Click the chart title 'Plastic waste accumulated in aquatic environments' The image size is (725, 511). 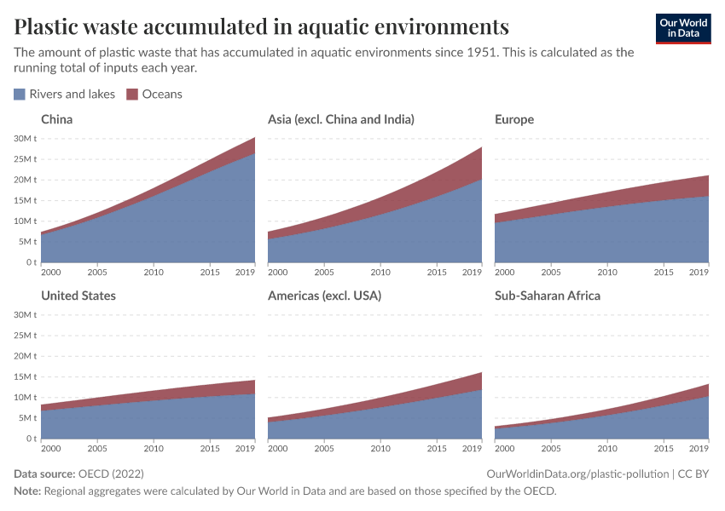coord(262,26)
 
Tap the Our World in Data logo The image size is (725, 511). coord(682,28)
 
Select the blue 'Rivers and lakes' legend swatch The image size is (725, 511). coord(20,95)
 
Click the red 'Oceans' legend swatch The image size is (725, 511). coord(132,95)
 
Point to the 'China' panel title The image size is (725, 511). coord(57,119)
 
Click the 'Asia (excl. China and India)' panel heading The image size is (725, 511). coord(341,119)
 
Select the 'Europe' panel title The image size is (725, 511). coord(514,119)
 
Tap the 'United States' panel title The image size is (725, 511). coord(78,296)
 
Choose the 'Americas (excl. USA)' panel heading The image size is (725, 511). coord(324,296)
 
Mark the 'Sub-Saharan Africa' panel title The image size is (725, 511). coord(548,296)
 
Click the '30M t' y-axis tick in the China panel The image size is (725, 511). coord(24,139)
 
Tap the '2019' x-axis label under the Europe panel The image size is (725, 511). coord(699,273)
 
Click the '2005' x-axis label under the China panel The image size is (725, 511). coord(96,273)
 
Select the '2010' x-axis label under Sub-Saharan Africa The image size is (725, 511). coord(607,448)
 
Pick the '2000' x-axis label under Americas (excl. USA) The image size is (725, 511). coord(278,448)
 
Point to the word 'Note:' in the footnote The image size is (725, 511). coord(27,491)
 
